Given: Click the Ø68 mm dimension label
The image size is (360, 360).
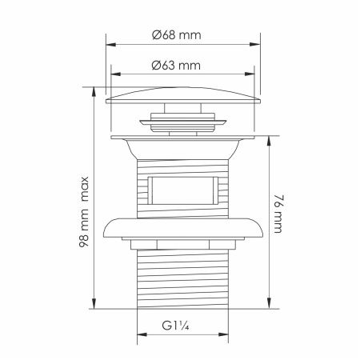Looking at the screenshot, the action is (177, 35).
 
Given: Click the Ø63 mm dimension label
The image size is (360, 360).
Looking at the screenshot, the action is (176, 66).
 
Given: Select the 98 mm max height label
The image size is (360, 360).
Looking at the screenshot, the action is (84, 212).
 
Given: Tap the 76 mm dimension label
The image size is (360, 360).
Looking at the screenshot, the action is (278, 214).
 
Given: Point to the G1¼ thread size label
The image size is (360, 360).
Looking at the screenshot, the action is (175, 326).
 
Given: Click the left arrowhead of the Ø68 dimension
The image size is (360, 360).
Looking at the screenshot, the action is (111, 44).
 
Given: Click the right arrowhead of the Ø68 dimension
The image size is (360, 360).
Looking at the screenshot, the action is (255, 44).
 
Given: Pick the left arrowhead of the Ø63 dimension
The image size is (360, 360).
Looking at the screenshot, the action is (116, 74).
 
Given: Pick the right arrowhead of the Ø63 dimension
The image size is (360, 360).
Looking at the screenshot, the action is (250, 74).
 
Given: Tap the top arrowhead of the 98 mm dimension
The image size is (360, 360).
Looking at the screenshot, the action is (94, 92).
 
